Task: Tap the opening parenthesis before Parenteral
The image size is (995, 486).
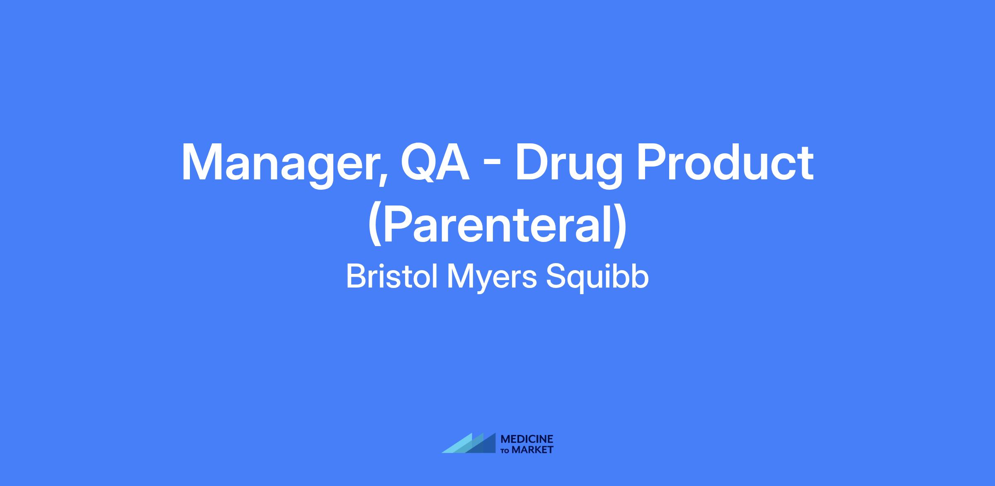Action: click(x=375, y=226)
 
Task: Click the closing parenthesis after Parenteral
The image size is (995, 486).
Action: click(x=620, y=226)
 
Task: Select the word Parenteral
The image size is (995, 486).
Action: click(x=498, y=224)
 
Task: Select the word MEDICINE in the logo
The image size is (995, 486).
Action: click(x=527, y=439)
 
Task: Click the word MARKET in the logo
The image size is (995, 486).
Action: click(x=532, y=450)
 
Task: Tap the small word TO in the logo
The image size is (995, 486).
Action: click(x=505, y=450)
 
